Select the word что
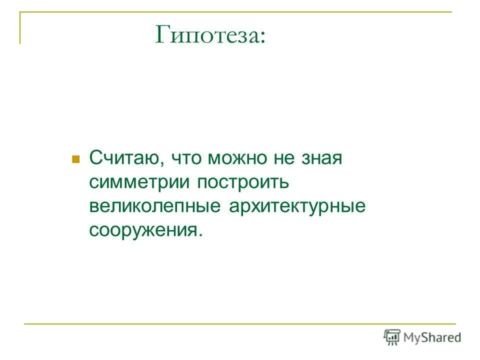[x=185, y=160]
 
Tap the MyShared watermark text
[x=433, y=337]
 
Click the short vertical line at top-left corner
[x=20, y=27]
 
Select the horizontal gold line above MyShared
[x=240, y=324]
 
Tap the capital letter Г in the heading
[x=163, y=35]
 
